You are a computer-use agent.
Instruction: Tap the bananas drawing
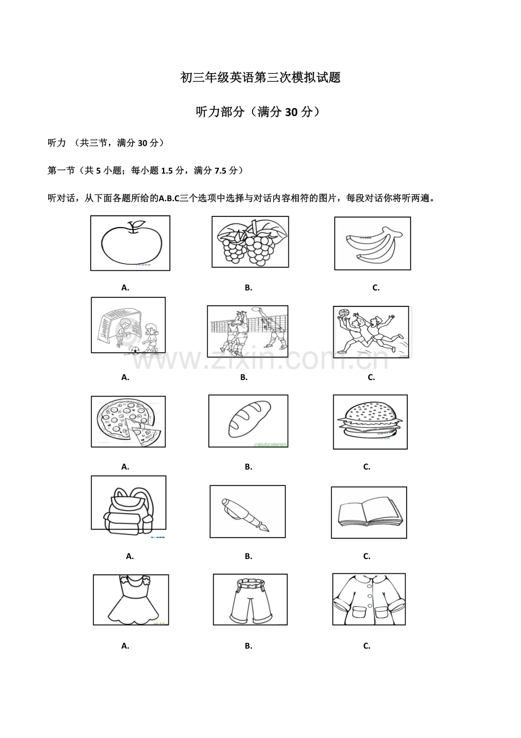point(374,244)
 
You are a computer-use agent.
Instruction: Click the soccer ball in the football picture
point(135,350)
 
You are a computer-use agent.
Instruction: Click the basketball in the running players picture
point(343,312)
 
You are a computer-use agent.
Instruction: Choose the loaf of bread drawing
point(249,419)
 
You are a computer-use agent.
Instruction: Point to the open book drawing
point(370,513)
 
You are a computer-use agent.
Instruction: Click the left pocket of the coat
point(360,612)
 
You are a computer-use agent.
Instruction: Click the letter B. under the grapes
point(248,288)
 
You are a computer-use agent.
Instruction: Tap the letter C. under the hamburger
point(366,467)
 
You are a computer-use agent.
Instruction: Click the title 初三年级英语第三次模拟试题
point(260,78)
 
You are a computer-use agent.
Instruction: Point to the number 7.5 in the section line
point(221,170)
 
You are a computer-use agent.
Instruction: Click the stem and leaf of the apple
point(136,226)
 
